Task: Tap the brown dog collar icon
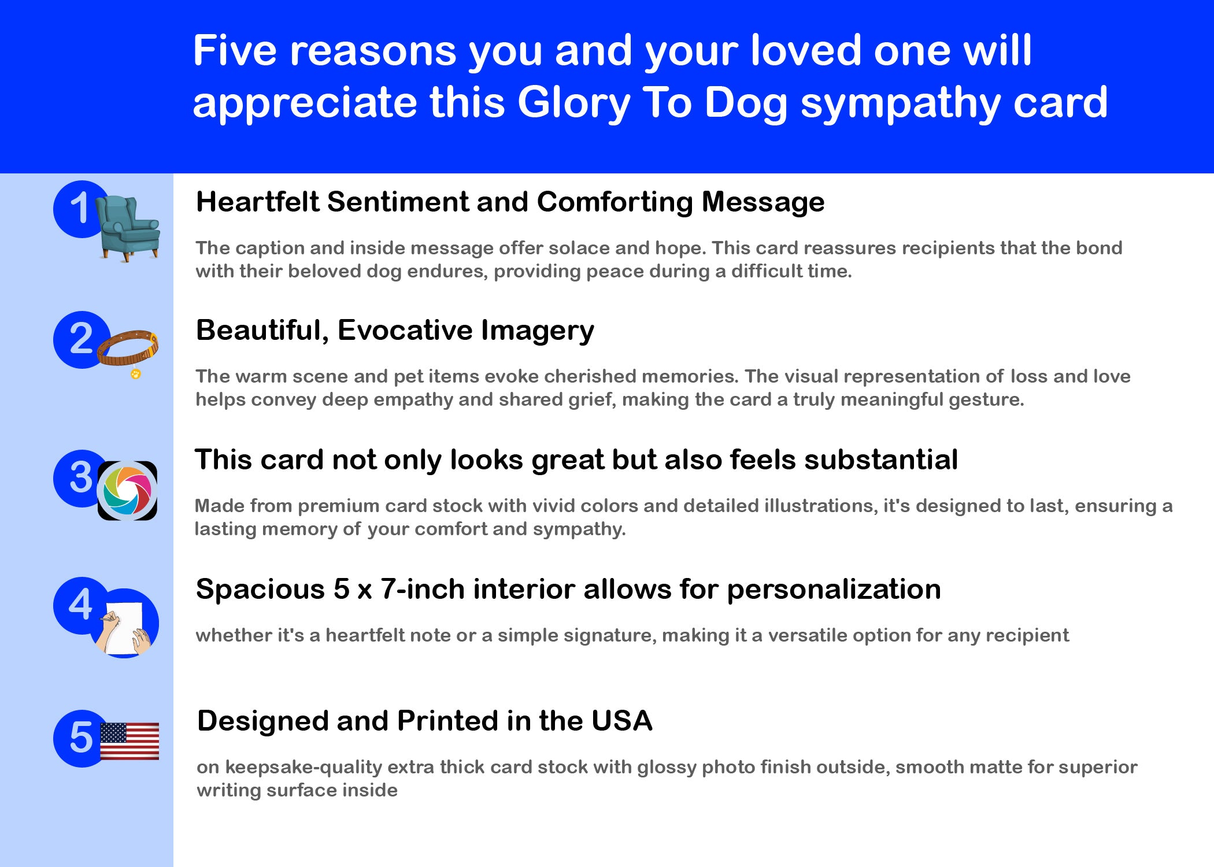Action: (x=128, y=349)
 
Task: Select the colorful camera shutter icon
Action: (x=127, y=491)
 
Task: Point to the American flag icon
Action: (x=129, y=741)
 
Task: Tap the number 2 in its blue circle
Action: (x=81, y=339)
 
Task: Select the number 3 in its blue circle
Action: (x=81, y=477)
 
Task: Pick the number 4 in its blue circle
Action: (x=80, y=605)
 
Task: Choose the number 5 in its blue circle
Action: (x=81, y=738)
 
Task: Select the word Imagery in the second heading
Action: (x=538, y=331)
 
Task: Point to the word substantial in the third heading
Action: (x=881, y=460)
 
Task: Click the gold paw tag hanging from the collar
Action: (x=136, y=374)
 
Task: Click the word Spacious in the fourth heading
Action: (x=261, y=590)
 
